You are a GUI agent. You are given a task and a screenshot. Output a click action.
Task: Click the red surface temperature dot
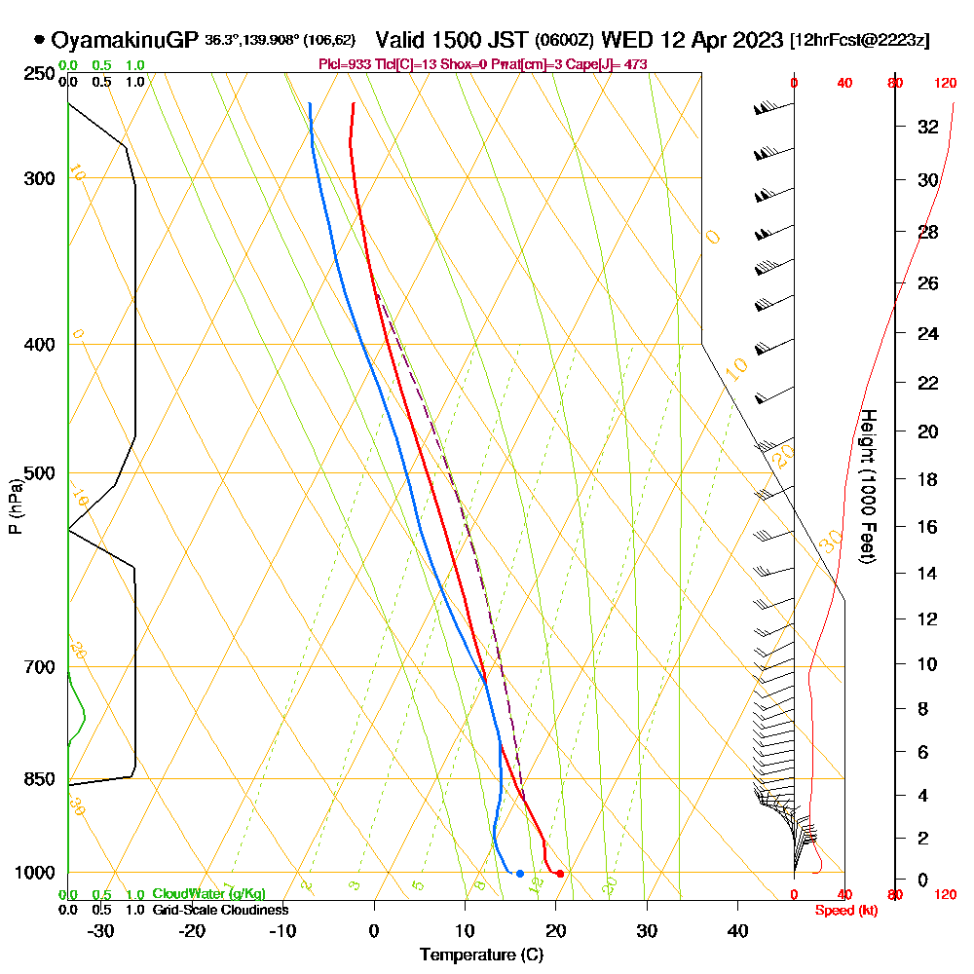(559, 874)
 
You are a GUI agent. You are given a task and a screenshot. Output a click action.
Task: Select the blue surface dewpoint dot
(520, 874)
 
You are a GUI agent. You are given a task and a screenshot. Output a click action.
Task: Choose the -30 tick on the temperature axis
(101, 930)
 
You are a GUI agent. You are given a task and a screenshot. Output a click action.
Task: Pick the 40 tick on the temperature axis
(737, 930)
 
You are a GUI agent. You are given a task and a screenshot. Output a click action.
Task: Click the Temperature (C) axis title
(481, 955)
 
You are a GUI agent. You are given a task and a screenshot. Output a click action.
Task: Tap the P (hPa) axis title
(15, 506)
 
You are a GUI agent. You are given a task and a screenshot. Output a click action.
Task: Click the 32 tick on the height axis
(929, 127)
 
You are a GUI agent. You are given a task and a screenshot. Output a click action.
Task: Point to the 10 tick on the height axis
(929, 664)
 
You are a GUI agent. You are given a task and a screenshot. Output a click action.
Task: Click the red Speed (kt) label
(843, 911)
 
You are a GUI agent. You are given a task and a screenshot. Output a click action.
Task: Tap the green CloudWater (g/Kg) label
(208, 894)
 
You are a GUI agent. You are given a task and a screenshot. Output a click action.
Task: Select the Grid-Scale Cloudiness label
(220, 910)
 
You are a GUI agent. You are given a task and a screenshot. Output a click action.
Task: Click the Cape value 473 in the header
(636, 64)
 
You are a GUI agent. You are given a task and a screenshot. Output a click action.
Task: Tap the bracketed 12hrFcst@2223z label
(860, 41)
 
